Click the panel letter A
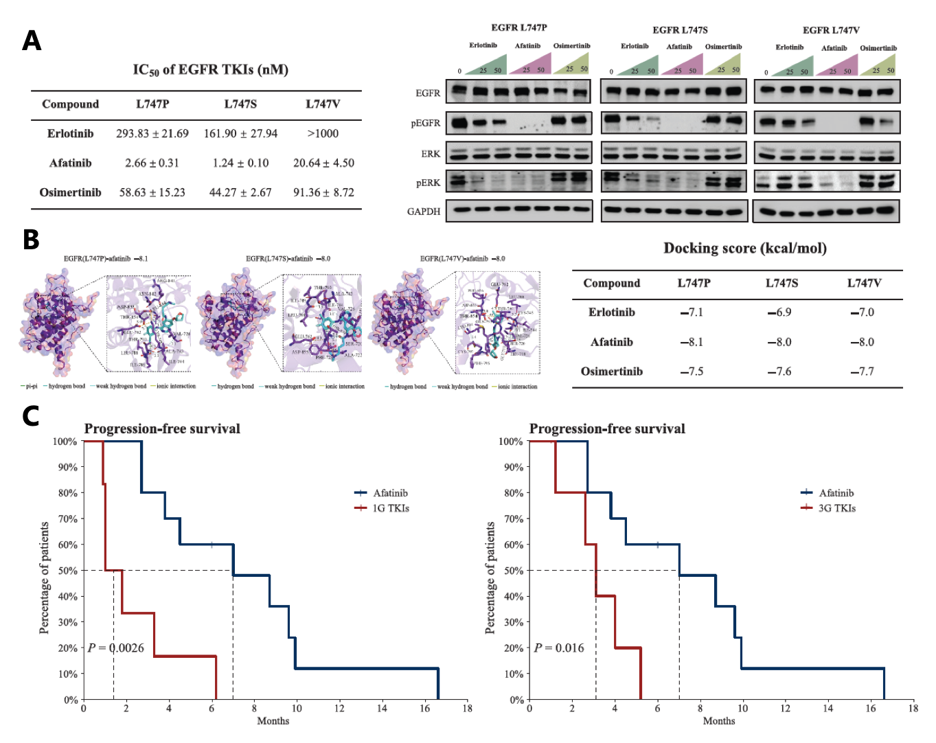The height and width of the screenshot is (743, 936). [x=32, y=41]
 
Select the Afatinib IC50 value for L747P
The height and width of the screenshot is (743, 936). [x=152, y=163]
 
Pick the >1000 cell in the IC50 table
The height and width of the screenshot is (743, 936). [x=323, y=134]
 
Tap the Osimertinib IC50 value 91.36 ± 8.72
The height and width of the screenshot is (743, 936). [x=323, y=193]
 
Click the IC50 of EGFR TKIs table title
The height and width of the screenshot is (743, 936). [x=210, y=70]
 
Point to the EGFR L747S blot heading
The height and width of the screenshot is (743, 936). [x=680, y=30]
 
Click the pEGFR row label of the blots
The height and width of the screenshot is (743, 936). [x=425, y=124]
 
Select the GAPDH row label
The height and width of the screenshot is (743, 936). [x=423, y=212]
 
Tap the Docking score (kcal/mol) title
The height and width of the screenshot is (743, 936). [x=744, y=249]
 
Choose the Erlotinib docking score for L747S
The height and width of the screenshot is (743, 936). [x=779, y=312]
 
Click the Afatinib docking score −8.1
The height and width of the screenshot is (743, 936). [x=692, y=342]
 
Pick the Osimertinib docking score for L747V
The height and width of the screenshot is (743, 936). [x=862, y=371]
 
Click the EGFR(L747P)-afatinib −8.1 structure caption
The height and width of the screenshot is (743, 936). [x=106, y=259]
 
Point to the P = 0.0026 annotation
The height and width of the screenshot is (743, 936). [x=116, y=648]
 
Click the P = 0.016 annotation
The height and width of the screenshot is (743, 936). [x=559, y=648]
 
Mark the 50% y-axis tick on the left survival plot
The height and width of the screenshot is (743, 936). [x=67, y=571]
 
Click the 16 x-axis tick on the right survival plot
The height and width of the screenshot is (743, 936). [x=870, y=709]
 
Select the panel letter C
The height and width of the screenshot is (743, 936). [x=31, y=416]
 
